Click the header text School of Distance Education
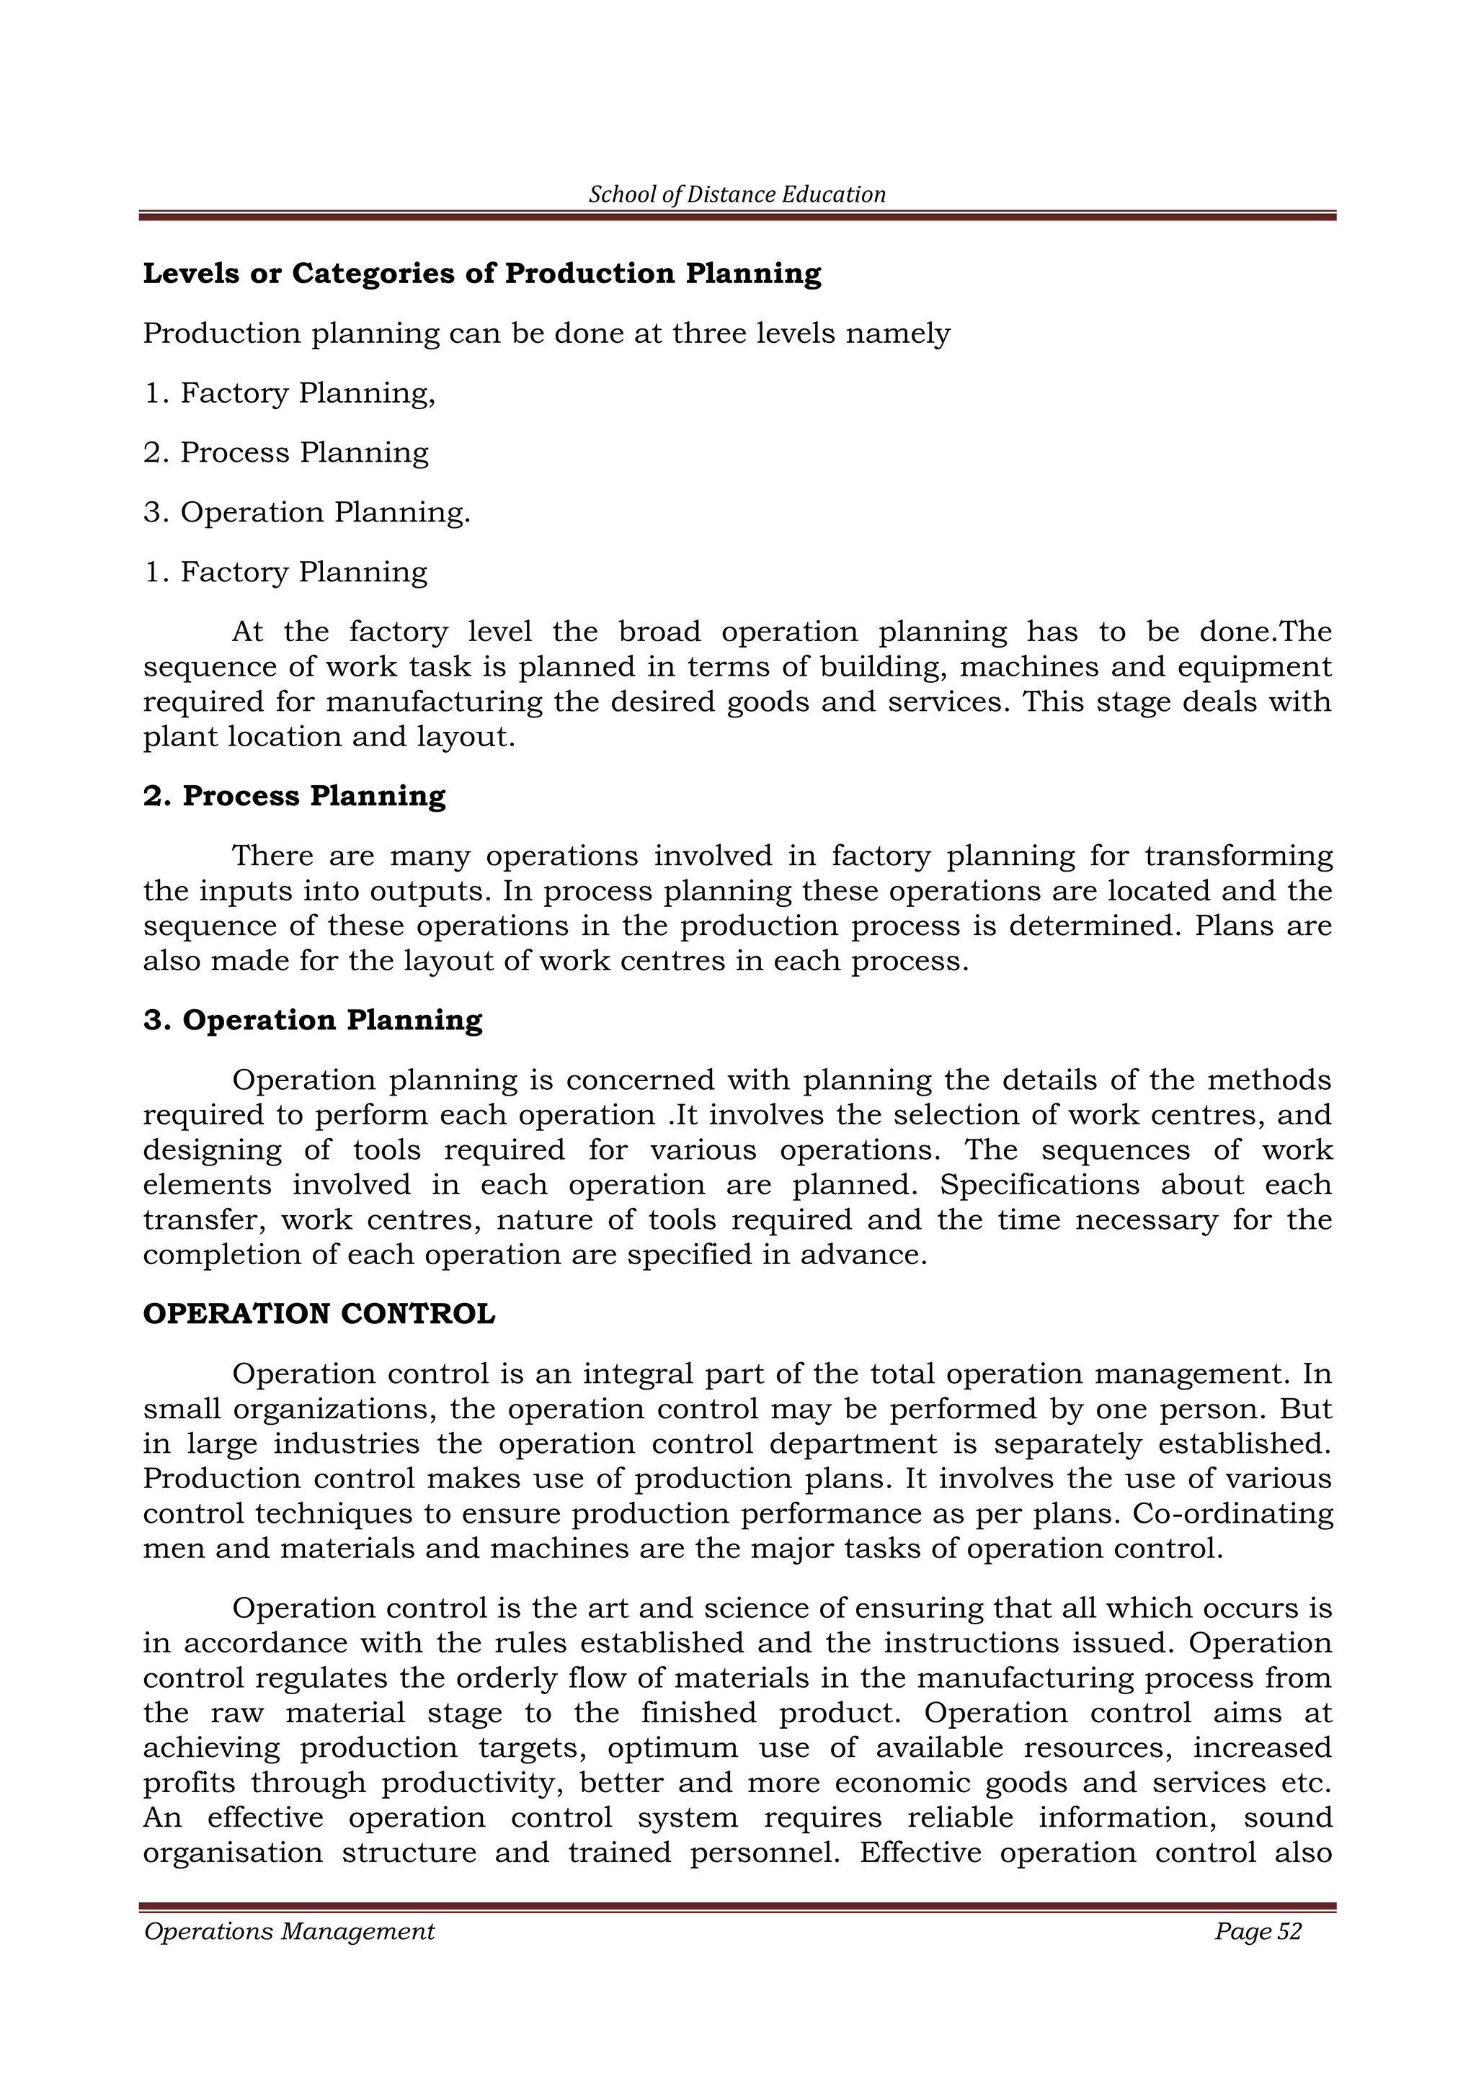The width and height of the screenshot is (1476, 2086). (737, 194)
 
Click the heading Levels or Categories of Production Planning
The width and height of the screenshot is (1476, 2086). (481, 274)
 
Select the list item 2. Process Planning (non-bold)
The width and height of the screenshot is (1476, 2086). (285, 452)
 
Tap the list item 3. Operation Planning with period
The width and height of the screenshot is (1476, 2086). (307, 512)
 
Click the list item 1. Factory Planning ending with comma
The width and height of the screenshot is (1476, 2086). (289, 393)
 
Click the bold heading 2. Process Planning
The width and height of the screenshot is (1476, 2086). (295, 796)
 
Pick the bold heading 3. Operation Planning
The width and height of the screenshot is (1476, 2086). (313, 1020)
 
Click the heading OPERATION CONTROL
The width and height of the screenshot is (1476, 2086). (319, 1315)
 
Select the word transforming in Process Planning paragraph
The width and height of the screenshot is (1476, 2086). (1238, 856)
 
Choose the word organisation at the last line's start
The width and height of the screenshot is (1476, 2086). (233, 1853)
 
